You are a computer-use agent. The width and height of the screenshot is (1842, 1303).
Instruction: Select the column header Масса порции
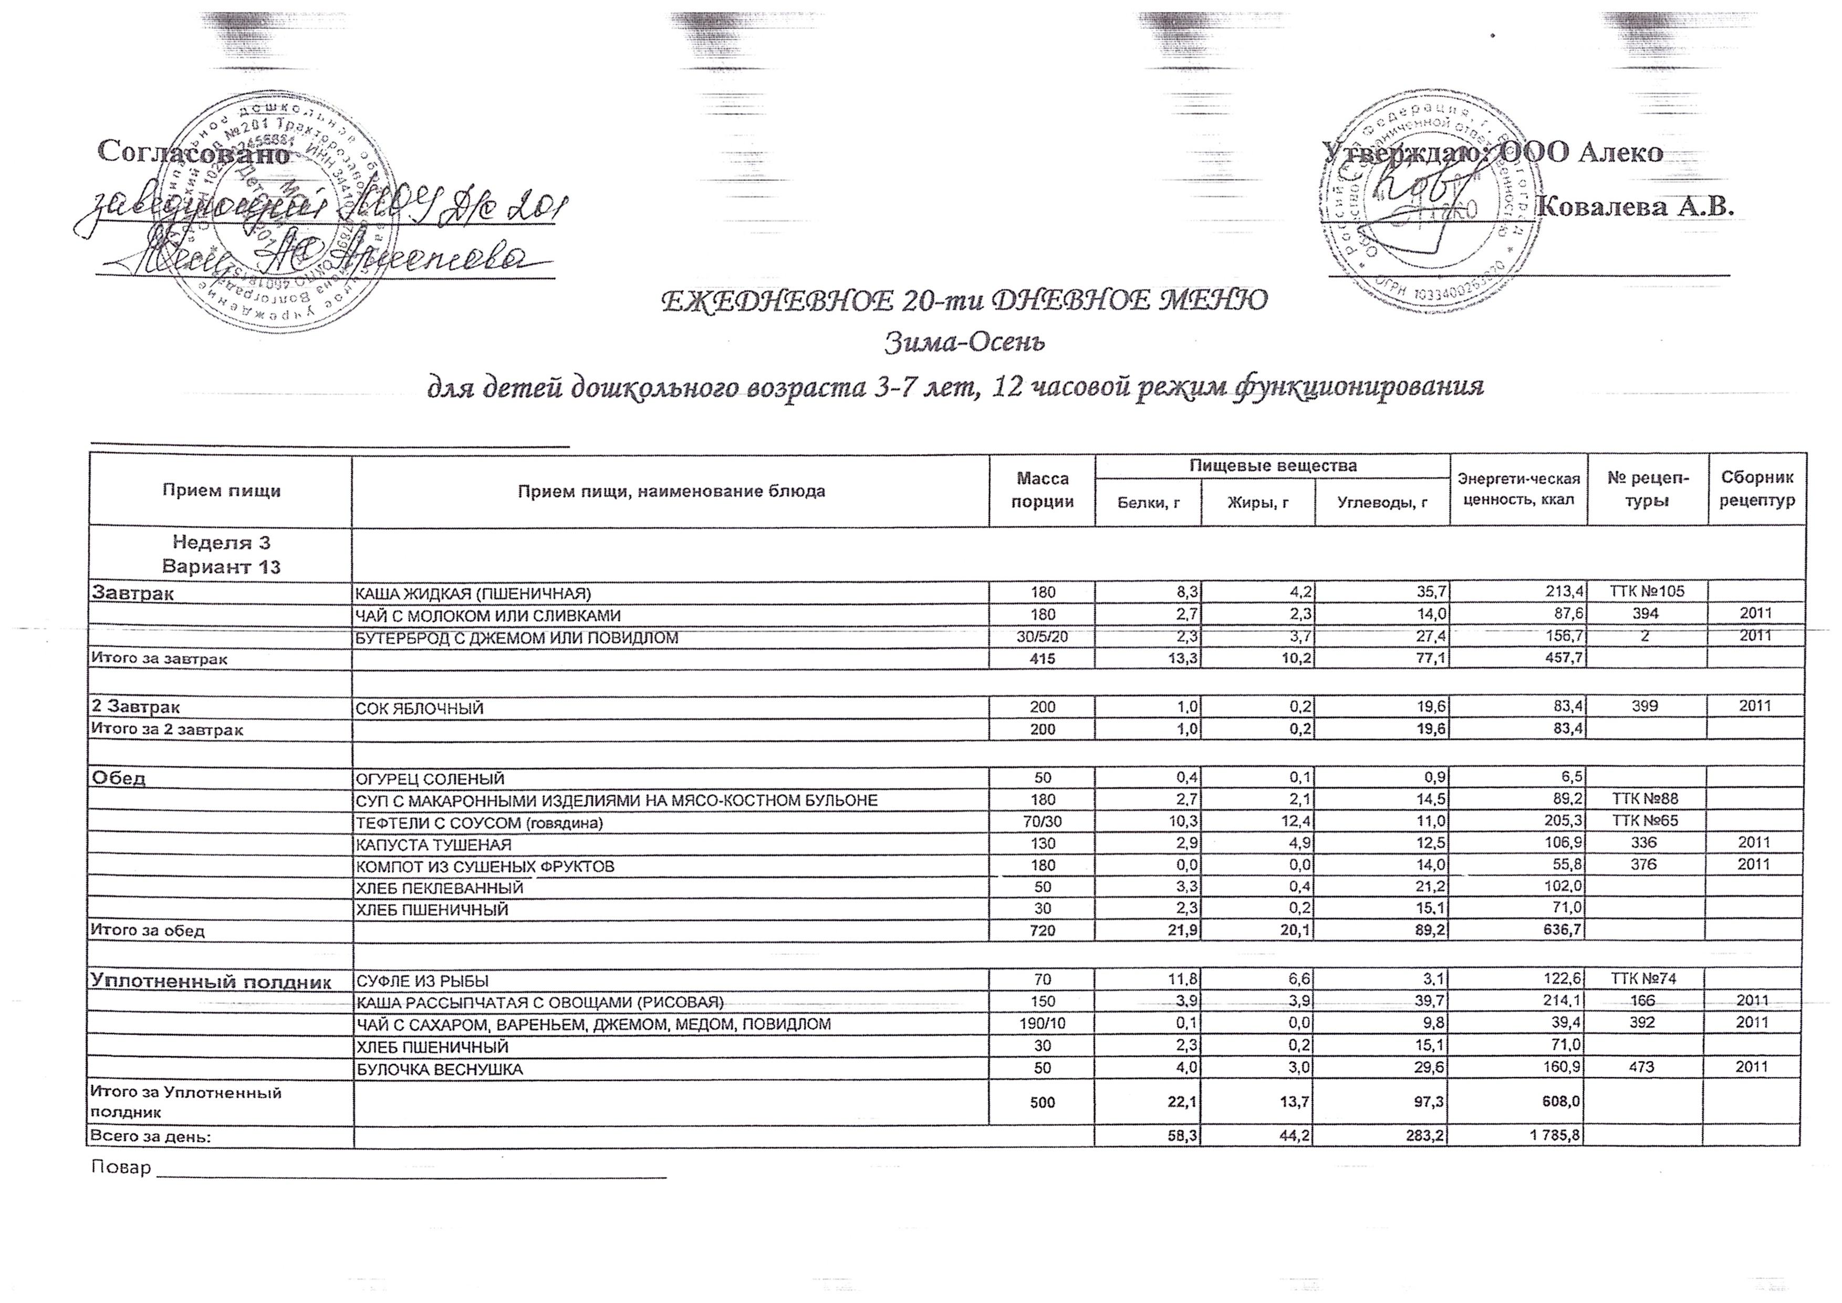pyautogui.click(x=1042, y=489)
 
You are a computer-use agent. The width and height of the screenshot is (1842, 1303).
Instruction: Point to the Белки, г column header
pyautogui.click(x=1148, y=503)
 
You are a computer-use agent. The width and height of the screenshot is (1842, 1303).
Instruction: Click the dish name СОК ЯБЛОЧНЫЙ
pyautogui.click(x=420, y=707)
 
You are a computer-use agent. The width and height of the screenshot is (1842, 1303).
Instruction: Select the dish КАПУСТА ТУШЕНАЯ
pyautogui.click(x=433, y=844)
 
